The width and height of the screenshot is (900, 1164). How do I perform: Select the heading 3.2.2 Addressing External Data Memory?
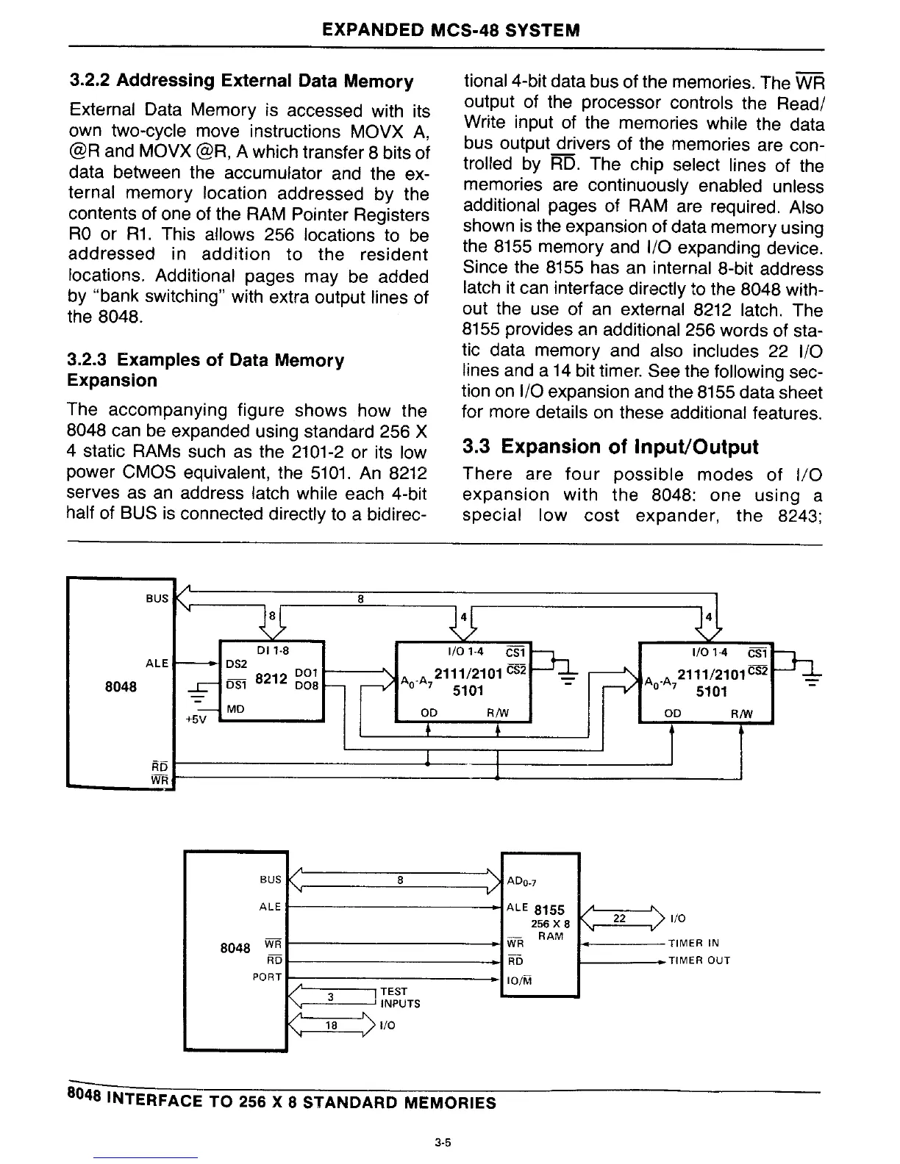coord(240,81)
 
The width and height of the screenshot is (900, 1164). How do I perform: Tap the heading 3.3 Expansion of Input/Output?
coord(610,447)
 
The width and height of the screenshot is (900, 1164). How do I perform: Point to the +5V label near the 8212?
coord(194,720)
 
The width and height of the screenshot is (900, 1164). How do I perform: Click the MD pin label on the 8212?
coord(235,709)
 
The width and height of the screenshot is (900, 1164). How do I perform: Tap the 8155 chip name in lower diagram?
coord(549,910)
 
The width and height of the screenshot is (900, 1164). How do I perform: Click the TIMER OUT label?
coord(699,960)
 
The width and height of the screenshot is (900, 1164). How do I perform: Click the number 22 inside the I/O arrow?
coord(619,918)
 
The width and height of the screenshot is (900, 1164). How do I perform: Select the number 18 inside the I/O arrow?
coord(332,1024)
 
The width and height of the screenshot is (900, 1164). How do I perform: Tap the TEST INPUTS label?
coord(400,997)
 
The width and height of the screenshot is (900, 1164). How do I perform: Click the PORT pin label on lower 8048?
coord(266,977)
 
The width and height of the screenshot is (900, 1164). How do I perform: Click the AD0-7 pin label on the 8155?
coord(523,882)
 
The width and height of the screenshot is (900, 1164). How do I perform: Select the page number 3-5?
coord(442,1143)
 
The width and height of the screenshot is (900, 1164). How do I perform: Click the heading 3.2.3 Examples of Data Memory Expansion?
coord(206,370)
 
